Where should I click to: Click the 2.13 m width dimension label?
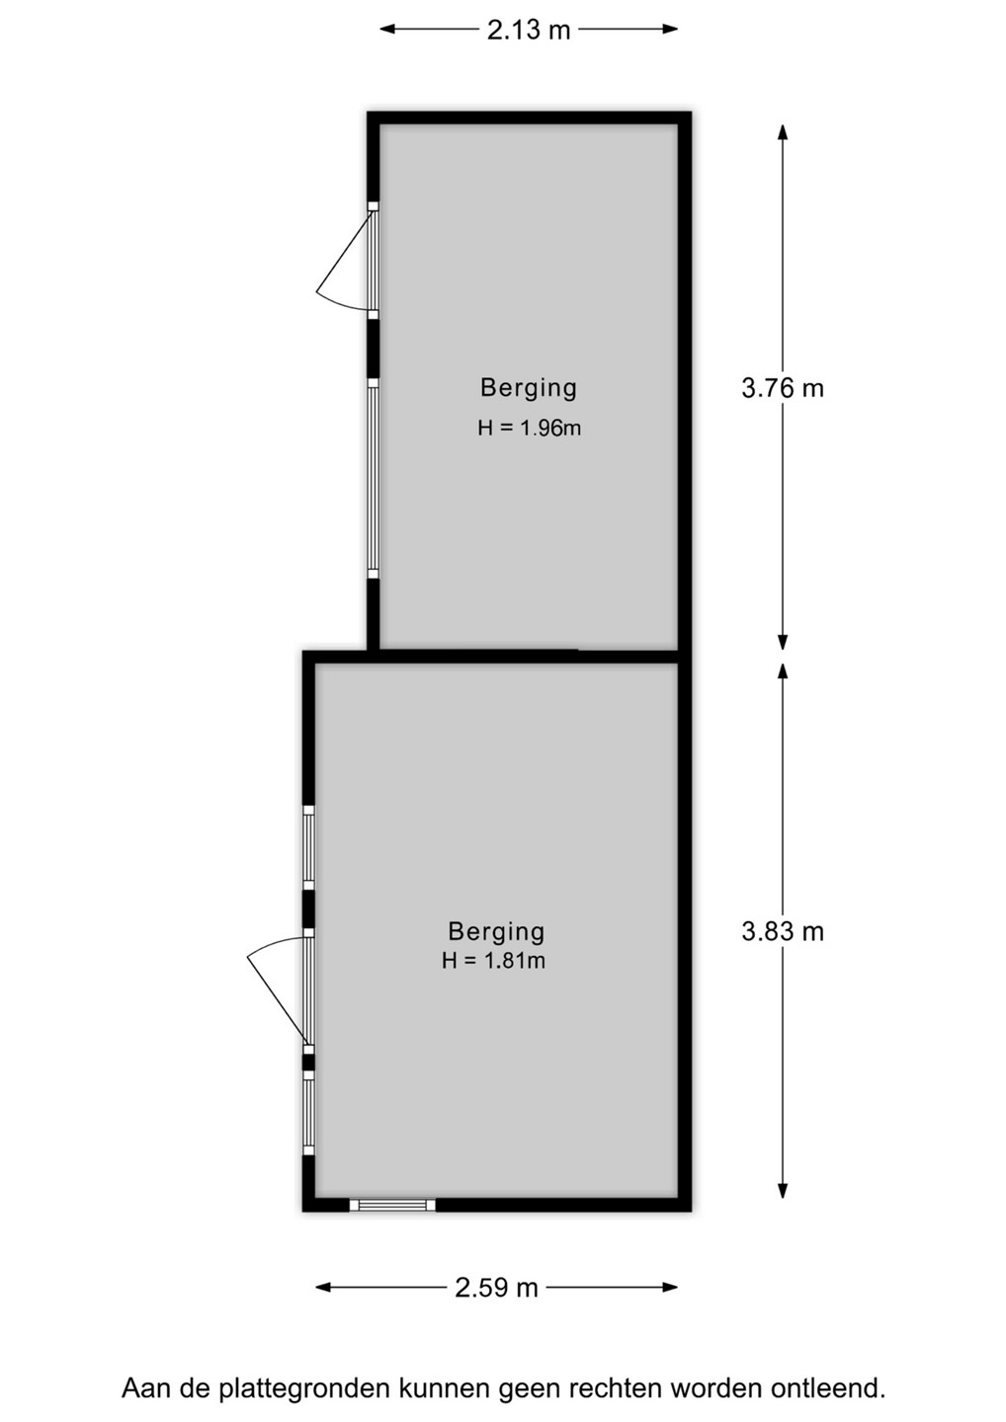pos(529,30)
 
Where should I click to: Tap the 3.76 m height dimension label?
pos(783,388)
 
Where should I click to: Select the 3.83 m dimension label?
pos(783,931)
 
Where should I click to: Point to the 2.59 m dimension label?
pos(496,1288)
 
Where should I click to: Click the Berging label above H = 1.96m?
pos(529,388)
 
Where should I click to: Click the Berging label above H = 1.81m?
pos(496,931)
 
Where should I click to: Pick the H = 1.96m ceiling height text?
pos(529,428)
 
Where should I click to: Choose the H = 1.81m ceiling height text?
pos(493,960)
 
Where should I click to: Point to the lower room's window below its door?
pos(308,1112)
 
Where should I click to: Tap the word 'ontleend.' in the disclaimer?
pos(828,1387)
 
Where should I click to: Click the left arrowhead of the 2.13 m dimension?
pos(388,29)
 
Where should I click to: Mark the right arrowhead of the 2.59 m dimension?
pos(669,1288)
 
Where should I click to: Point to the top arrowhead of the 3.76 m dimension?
pos(783,132)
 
